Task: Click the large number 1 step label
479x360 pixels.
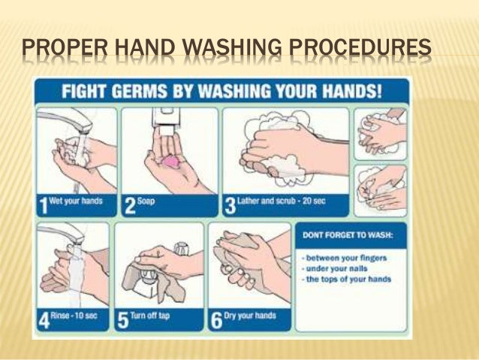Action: click(x=44, y=206)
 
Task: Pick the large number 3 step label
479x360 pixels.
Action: click(x=230, y=206)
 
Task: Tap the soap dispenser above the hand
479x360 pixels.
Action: click(x=167, y=119)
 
